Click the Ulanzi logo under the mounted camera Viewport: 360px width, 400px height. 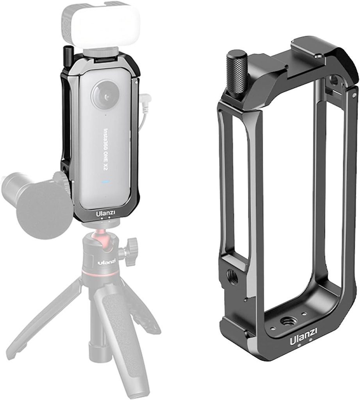105,214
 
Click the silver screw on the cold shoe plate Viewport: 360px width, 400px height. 321,56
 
